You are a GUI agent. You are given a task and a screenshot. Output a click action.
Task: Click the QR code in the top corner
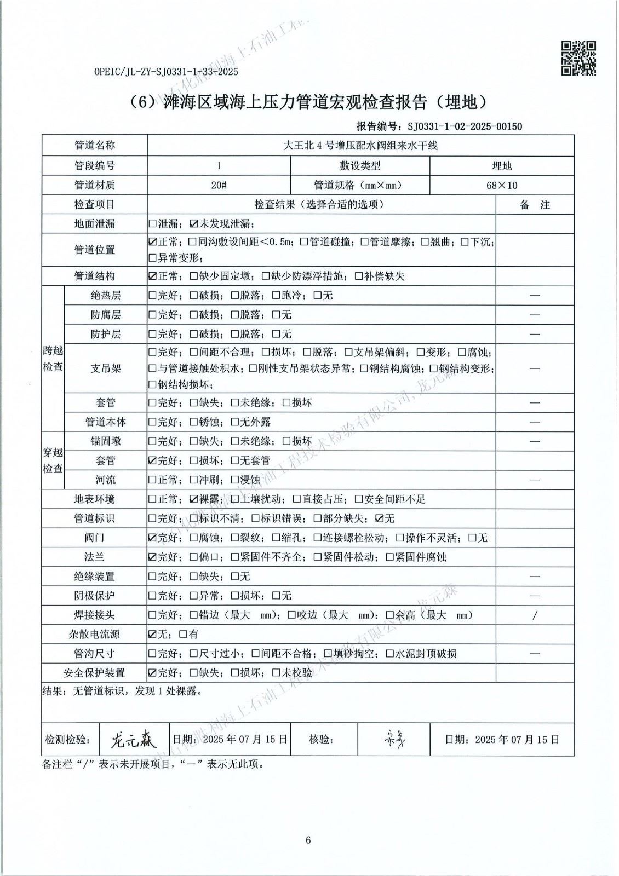[579, 58]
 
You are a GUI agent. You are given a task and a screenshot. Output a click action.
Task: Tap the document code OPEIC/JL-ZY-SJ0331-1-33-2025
[166, 72]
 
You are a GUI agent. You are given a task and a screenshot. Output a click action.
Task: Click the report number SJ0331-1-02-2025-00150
[465, 126]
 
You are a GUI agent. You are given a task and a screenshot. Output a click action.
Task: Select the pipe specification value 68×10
[501, 185]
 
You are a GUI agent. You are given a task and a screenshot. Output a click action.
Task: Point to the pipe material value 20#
[219, 185]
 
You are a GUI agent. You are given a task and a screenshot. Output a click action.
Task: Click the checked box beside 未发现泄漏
[193, 223]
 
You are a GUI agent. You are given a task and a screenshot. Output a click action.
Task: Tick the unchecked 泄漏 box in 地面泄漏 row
[152, 223]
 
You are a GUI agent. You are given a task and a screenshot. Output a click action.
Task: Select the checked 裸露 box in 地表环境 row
[193, 499]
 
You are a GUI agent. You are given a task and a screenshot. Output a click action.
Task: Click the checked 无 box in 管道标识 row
[379, 518]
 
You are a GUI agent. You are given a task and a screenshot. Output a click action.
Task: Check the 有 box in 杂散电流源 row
[183, 635]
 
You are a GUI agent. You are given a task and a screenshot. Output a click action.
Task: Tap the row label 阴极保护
[94, 596]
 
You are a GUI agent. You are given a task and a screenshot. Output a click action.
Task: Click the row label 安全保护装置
[94, 673]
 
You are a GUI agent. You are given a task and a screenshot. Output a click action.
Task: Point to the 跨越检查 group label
[53, 359]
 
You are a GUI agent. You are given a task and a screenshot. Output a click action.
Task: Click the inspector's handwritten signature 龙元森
[134, 740]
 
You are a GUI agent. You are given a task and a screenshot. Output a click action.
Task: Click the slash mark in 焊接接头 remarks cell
[535, 615]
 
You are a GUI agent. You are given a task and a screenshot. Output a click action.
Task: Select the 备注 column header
[535, 205]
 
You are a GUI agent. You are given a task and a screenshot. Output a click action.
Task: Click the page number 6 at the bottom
[308, 840]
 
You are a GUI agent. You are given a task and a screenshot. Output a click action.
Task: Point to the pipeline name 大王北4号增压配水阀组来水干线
[360, 146]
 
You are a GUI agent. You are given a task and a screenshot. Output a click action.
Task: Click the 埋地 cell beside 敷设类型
[501, 166]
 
